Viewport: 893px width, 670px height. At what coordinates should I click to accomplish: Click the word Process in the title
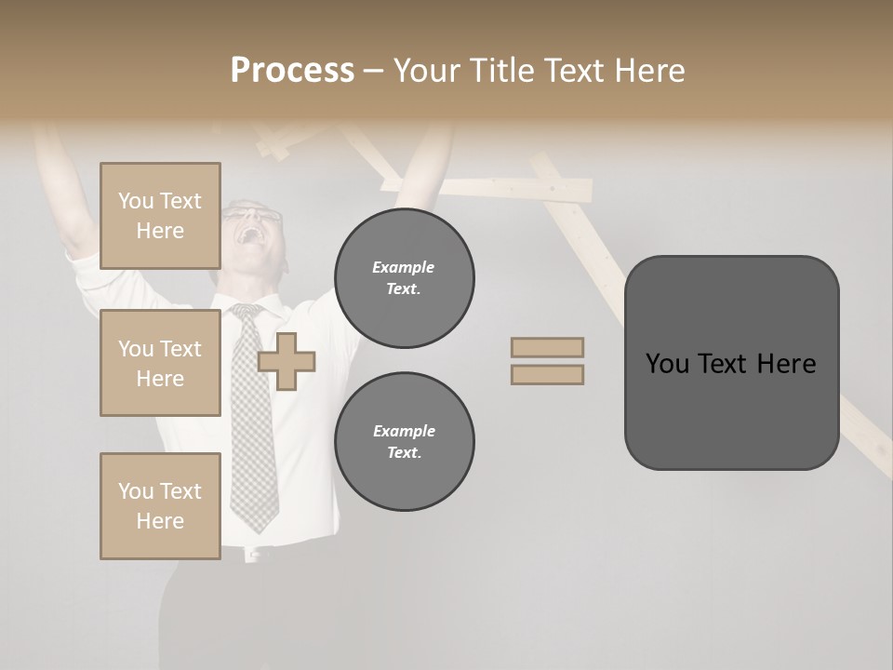tap(292, 71)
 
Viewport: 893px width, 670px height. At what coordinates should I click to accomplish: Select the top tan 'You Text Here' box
tap(160, 216)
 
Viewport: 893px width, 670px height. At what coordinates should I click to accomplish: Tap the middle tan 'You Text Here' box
tap(160, 363)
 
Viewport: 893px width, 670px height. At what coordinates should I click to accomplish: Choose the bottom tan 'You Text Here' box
tap(160, 506)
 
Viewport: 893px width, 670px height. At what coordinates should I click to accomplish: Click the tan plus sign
tap(287, 362)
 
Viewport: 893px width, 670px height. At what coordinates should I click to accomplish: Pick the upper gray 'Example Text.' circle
tap(405, 277)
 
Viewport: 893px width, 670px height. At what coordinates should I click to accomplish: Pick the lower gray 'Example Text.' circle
tap(405, 441)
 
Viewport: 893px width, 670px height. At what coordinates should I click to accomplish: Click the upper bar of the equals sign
tap(547, 347)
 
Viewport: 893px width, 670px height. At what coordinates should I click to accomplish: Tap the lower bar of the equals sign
tap(547, 375)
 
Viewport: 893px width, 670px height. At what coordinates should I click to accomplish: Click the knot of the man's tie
tap(246, 314)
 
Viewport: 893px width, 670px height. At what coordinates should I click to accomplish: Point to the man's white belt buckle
tap(251, 556)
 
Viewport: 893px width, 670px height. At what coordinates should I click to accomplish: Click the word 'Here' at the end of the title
tap(649, 71)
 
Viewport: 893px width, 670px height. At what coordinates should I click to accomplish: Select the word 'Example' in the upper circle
tap(404, 268)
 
